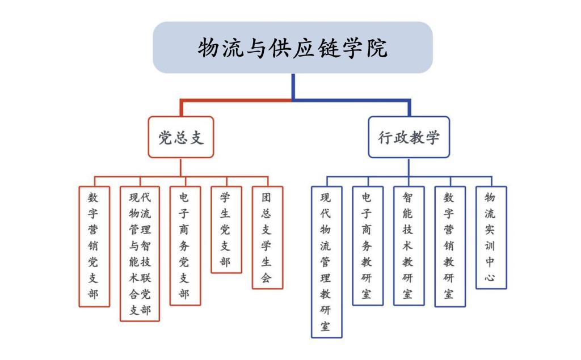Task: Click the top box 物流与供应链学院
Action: coord(293,48)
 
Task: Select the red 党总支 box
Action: coord(181,137)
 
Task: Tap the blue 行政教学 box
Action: coord(409,137)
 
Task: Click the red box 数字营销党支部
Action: coord(94,247)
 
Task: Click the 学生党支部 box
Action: coord(226,230)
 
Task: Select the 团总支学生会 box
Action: coord(267,238)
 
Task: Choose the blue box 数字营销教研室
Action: coord(450,246)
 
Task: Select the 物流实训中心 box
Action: coord(491,238)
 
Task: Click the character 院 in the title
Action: coord(377,48)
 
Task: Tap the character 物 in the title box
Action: coord(208,48)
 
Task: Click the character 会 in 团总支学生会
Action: coord(267,278)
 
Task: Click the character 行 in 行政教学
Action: coord(386,137)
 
